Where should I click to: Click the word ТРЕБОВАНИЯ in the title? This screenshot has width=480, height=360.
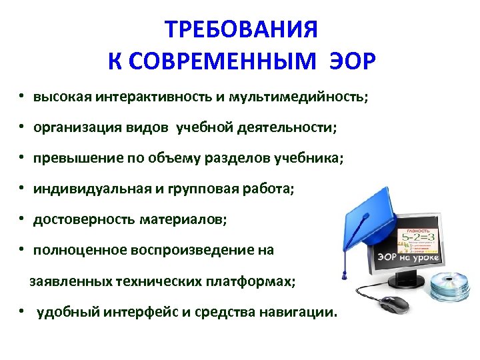(x=241, y=30)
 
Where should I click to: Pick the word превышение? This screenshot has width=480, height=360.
(x=74, y=159)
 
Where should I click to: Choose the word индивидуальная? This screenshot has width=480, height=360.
(x=92, y=189)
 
